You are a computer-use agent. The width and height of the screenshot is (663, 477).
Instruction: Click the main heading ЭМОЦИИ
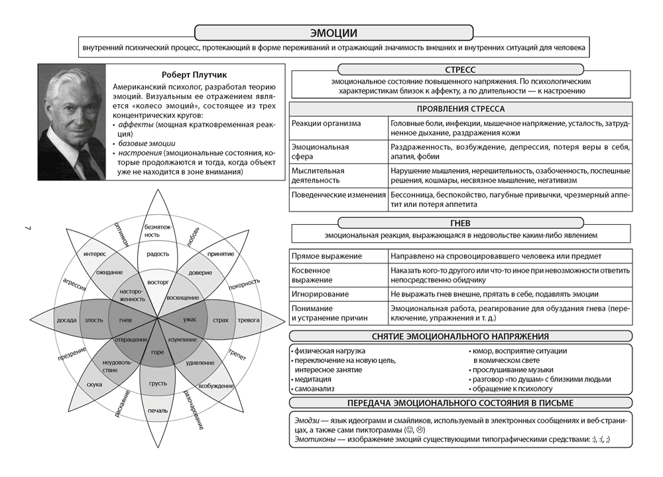tap(333, 33)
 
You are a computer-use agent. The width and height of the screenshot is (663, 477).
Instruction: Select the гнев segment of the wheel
tap(125, 320)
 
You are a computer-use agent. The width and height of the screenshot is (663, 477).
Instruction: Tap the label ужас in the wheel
tap(190, 320)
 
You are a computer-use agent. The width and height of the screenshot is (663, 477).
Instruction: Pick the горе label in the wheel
tap(157, 352)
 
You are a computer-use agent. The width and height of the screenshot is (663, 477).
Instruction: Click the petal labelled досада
tap(66, 320)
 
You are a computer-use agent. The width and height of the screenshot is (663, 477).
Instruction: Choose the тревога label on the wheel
tap(249, 320)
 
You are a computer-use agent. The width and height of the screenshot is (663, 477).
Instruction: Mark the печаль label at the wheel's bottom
tap(157, 410)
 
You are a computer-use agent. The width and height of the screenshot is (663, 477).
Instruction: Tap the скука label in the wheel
tap(94, 384)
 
